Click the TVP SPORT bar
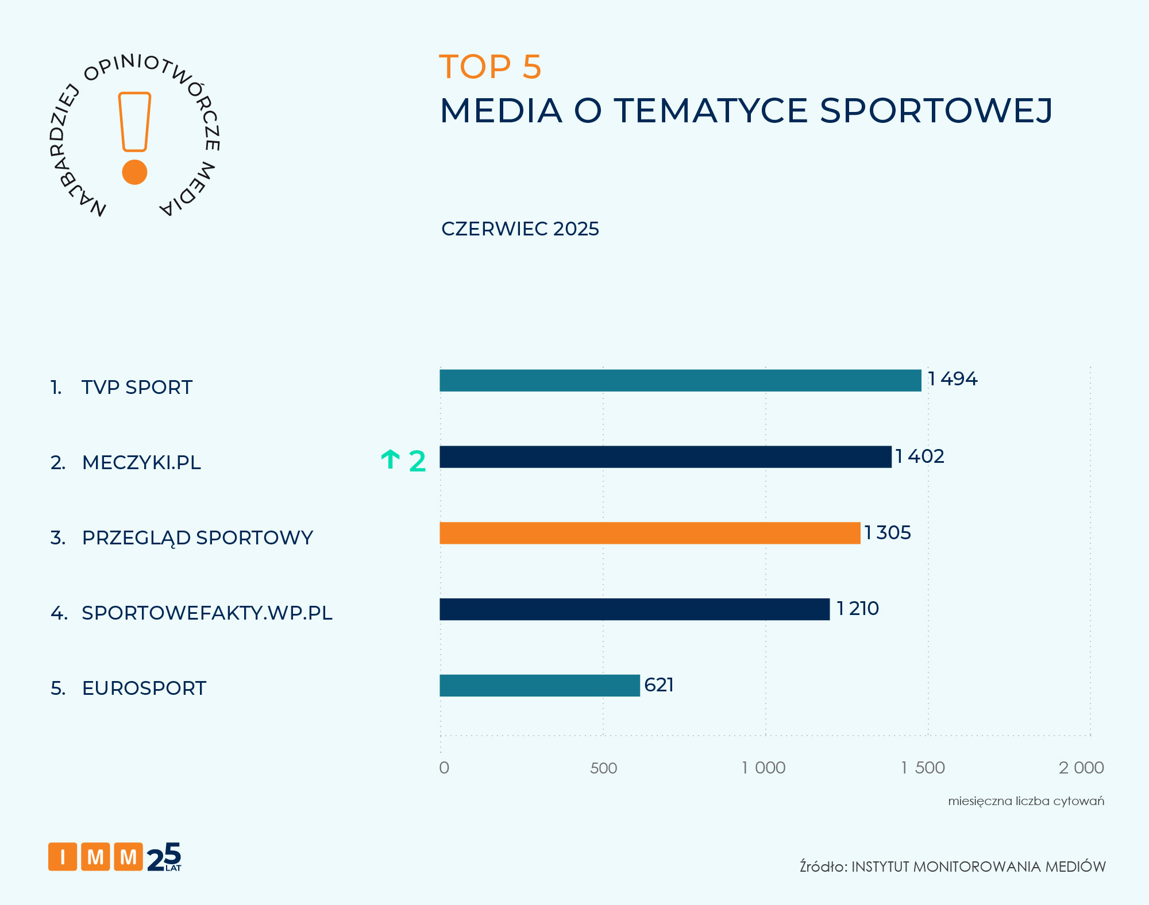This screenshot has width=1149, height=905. (x=680, y=380)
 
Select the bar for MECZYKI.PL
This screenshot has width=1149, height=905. (x=665, y=457)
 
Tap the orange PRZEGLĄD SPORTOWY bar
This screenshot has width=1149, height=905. (x=650, y=533)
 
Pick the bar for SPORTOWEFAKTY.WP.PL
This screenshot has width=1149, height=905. (x=634, y=609)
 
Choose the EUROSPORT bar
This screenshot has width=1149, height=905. (x=539, y=686)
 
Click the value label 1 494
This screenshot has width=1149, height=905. (x=953, y=379)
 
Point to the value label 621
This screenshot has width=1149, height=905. (x=659, y=685)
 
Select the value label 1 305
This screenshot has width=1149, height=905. (x=888, y=533)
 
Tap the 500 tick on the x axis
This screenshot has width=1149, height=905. (x=603, y=768)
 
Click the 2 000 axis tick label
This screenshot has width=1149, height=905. (x=1081, y=768)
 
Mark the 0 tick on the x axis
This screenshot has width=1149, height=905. (x=444, y=768)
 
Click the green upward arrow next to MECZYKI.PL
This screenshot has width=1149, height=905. (x=391, y=460)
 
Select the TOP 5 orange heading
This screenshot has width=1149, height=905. (x=490, y=67)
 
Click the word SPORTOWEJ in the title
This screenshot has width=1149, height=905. (x=936, y=110)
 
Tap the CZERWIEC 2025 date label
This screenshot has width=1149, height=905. (x=520, y=229)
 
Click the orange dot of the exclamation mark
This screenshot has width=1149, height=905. (x=135, y=172)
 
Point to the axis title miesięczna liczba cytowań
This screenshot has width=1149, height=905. (x=1026, y=801)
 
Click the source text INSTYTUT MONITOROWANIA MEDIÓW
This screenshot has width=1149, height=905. (x=978, y=867)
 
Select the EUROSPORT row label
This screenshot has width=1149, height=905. (x=144, y=688)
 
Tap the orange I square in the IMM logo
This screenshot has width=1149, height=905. (x=63, y=857)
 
